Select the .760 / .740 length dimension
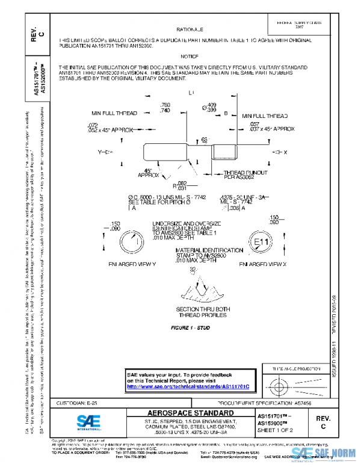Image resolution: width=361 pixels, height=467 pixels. click(165, 108)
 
